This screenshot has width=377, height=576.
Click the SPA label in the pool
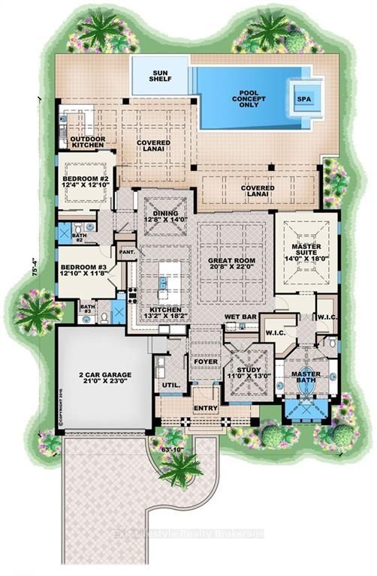tap(303, 97)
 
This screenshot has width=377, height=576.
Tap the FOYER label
tap(206, 362)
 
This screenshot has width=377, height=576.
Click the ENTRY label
tap(206, 408)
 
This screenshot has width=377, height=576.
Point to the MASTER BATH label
tap(306, 378)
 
